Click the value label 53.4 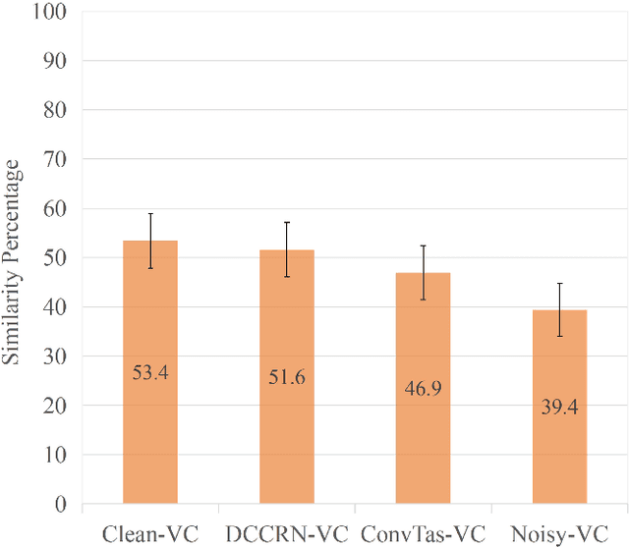(149, 373)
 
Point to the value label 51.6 (286, 378)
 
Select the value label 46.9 (423, 389)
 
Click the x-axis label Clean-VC (149, 533)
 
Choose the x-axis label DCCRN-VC (286, 533)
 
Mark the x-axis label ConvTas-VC (423, 533)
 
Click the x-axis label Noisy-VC (559, 533)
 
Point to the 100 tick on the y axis (51, 12)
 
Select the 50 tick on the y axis (56, 258)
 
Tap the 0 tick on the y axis (61, 505)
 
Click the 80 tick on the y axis (56, 110)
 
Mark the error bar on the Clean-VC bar (149, 241)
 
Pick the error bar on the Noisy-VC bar (559, 309)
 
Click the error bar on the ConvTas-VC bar (423, 272)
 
